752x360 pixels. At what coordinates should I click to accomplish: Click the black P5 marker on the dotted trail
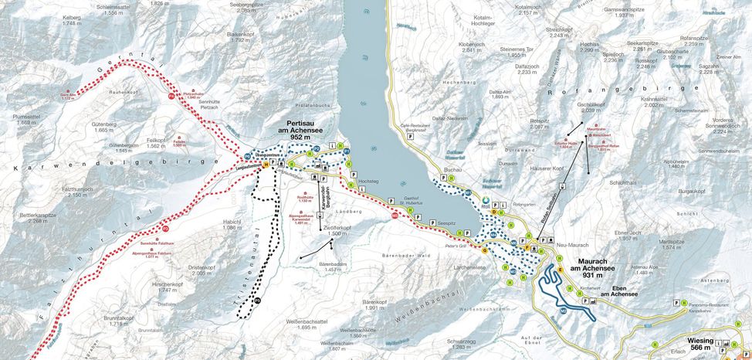point(258,301)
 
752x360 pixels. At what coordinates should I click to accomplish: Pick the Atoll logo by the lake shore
point(484,204)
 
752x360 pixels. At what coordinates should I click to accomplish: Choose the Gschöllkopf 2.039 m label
point(590,107)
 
